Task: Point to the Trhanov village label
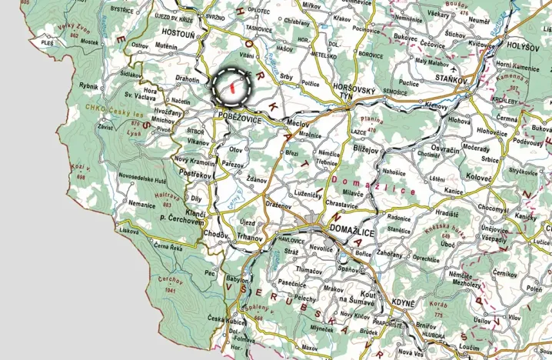pos(251,238)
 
